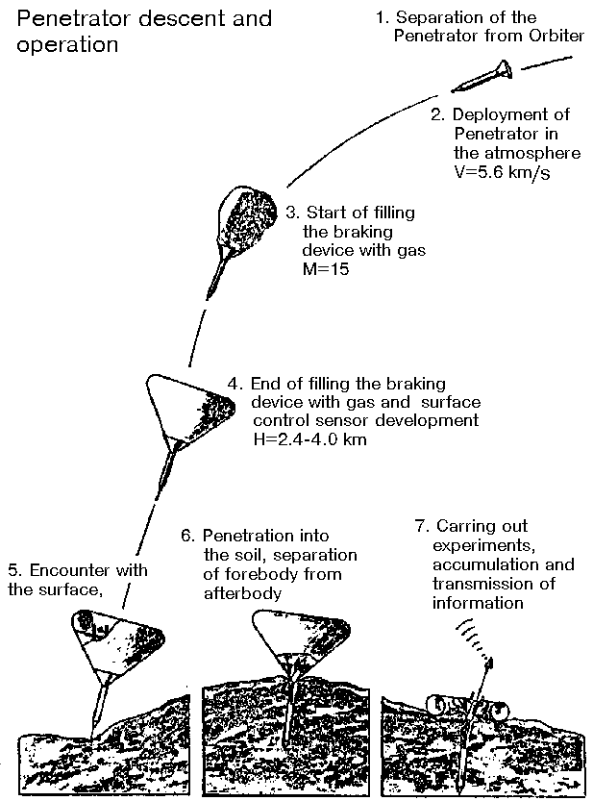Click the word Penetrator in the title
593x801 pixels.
click(x=69, y=18)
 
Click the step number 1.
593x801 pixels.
click(x=381, y=17)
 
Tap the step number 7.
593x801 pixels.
click(x=419, y=526)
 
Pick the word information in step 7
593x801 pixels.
click(x=478, y=603)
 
